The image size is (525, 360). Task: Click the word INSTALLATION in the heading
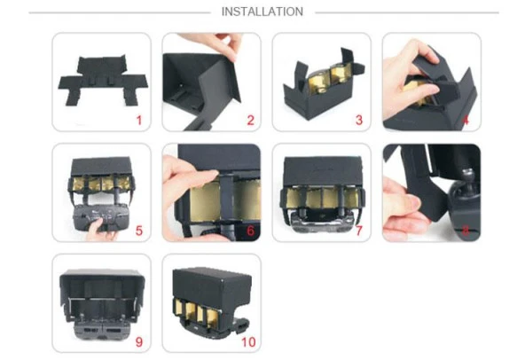[x=262, y=12]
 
